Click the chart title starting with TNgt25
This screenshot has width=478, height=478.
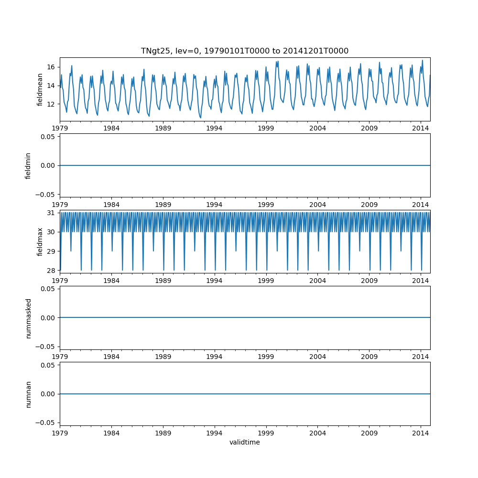[x=244, y=51]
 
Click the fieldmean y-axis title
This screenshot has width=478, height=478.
[x=40, y=89]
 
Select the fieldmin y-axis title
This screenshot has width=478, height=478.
[x=28, y=165]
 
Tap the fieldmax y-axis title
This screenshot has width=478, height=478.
[x=40, y=241]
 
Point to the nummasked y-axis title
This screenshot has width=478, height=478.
[x=28, y=318]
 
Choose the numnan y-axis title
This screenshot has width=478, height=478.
[x=28, y=394]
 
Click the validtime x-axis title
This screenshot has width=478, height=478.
[x=244, y=443]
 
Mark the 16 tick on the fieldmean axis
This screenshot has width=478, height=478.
[x=51, y=67]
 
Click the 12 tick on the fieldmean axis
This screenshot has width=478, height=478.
[x=51, y=104]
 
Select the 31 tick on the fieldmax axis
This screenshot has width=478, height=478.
[x=51, y=213]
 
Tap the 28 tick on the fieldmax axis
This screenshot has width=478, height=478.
[x=51, y=271]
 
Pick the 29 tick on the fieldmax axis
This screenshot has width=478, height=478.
[x=51, y=251]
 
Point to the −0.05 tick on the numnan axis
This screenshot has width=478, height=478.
[x=47, y=423]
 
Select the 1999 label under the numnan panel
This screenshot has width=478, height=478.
[x=266, y=433]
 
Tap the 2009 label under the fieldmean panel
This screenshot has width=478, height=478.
[x=369, y=128]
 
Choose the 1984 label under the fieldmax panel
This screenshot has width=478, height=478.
[x=111, y=280]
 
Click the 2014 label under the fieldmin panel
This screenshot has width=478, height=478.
[x=421, y=204]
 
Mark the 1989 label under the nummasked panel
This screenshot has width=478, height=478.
[x=163, y=357]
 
